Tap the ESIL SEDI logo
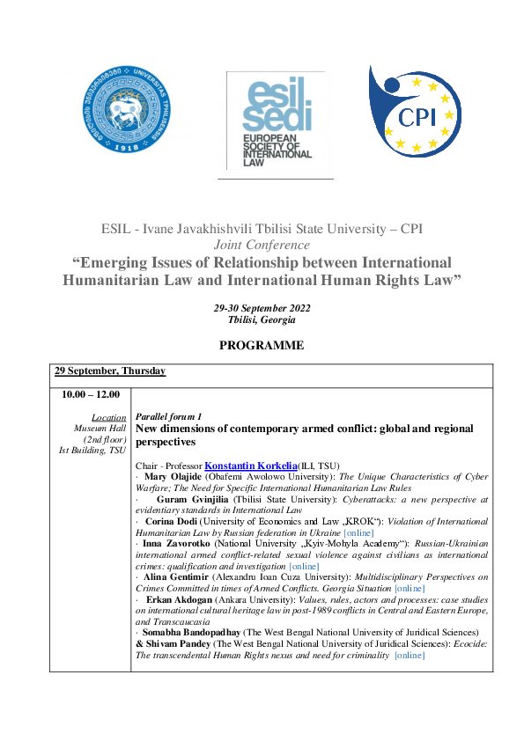tap(275, 121)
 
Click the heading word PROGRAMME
tap(262, 346)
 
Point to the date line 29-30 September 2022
tap(262, 308)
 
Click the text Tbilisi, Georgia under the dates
tap(262, 319)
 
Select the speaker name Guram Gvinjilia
tap(194, 499)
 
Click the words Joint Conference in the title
tap(262, 245)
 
